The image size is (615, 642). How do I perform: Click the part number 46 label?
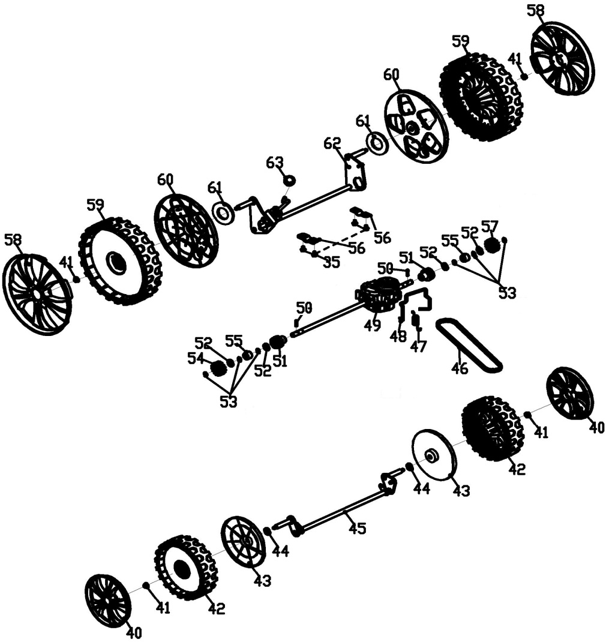460,368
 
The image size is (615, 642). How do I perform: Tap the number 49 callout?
373,325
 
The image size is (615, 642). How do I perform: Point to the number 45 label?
358,529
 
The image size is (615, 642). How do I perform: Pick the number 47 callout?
418,347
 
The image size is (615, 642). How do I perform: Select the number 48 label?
398,337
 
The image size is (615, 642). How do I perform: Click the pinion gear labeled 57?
492,245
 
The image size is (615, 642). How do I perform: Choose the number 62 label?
332,143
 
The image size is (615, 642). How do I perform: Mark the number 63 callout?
274,163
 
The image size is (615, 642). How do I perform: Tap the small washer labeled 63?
289,180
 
